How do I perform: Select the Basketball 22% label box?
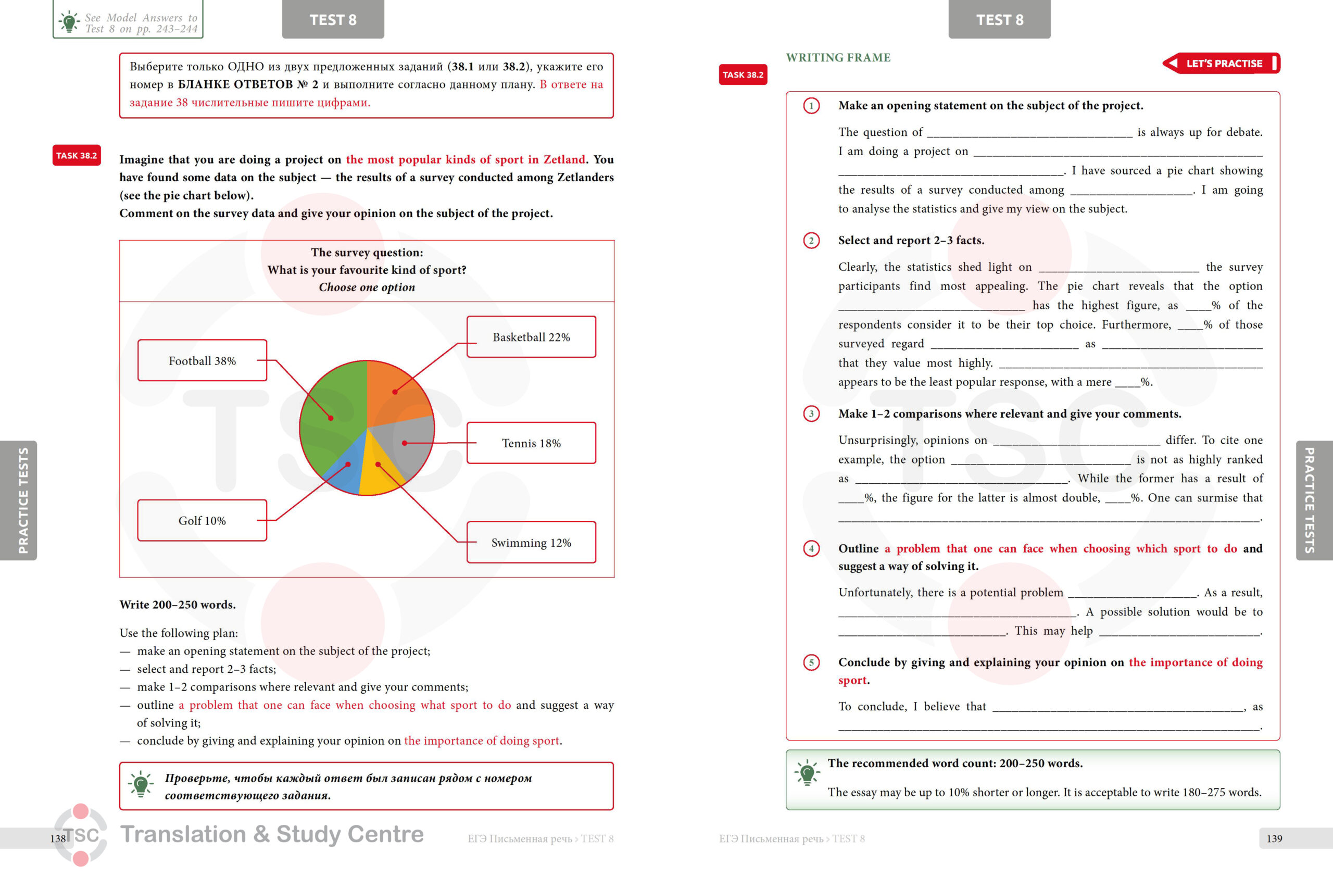pos(531,336)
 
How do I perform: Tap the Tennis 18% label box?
pos(531,443)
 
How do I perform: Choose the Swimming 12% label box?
pos(531,542)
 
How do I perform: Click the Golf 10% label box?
pos(202,520)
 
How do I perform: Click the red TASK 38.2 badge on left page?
pos(77,155)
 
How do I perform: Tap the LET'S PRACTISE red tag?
pos(1222,64)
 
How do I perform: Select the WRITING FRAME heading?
pos(838,57)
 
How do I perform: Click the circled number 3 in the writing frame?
pos(811,414)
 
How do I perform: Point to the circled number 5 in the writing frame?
pos(811,662)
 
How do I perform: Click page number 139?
pos(1274,838)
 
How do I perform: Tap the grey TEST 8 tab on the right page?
pos(999,19)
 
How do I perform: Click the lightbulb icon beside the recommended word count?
pos(807,773)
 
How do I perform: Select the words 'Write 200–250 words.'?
pos(178,604)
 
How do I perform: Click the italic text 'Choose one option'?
pos(367,287)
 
